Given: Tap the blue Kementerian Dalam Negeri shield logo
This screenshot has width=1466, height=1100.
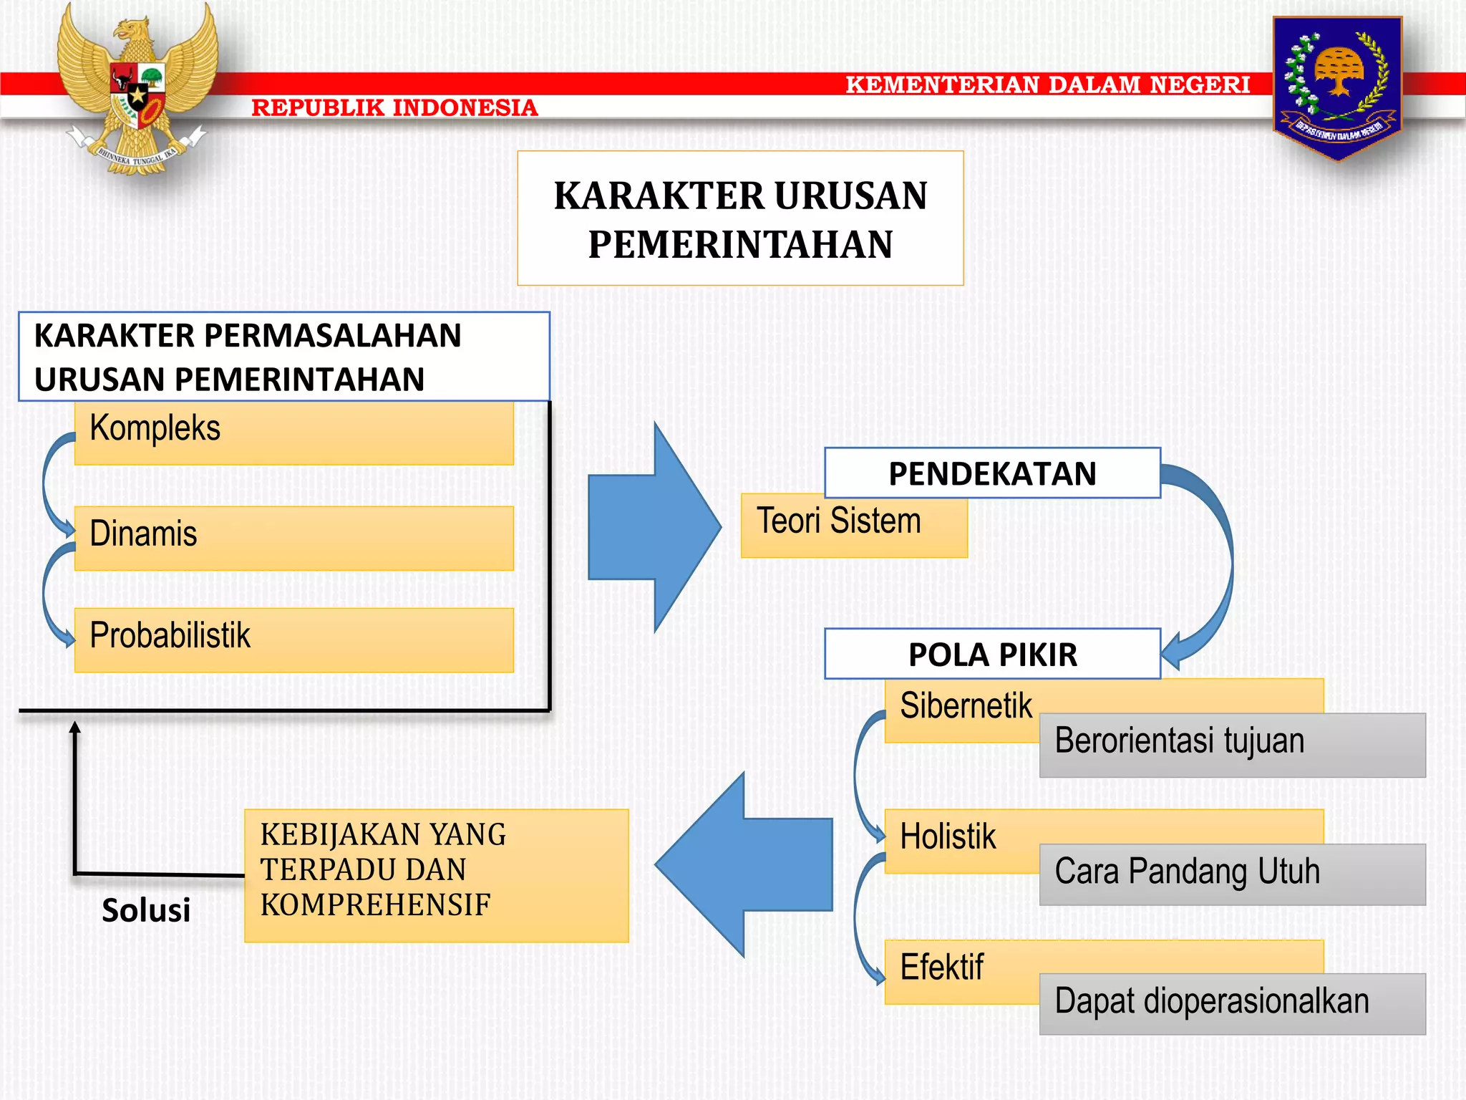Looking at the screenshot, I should click(1336, 85).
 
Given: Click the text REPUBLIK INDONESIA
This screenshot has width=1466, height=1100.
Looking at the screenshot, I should click(394, 107).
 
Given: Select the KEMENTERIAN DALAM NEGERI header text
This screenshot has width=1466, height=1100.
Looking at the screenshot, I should click(1047, 85).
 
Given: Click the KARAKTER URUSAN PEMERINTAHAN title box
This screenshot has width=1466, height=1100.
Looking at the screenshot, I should click(740, 218).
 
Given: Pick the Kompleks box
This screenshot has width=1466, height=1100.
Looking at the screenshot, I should click(293, 433).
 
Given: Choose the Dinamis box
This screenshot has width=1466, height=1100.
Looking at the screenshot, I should click(293, 538).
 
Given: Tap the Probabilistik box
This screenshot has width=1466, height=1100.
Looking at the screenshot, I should click(293, 640).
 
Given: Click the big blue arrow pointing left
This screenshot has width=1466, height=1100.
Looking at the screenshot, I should click(744, 864).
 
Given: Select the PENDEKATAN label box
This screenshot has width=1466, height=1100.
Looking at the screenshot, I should click(992, 473).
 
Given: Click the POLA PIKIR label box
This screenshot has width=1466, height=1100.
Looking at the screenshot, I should click(992, 654).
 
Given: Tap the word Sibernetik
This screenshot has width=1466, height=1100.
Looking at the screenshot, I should click(966, 706).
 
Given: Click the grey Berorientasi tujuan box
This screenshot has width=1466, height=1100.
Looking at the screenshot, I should click(1232, 745).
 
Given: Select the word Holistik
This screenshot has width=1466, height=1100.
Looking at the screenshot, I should click(948, 836).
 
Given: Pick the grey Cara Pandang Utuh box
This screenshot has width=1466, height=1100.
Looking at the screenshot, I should click(1232, 874).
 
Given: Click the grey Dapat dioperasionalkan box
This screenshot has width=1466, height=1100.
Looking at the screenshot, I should click(1232, 1003).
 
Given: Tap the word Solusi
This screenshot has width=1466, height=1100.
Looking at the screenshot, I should click(146, 910).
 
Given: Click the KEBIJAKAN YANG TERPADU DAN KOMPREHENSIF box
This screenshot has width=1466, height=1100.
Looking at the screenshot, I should click(436, 875).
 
